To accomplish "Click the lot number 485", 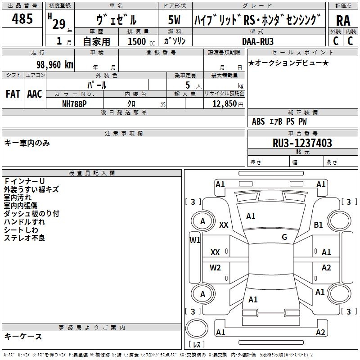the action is click(22, 18).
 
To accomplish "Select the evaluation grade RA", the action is click(343, 21).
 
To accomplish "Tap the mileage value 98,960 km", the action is click(55, 65).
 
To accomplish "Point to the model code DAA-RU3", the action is click(258, 41).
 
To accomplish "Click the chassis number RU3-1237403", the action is click(302, 143).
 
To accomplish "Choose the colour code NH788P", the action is click(74, 104).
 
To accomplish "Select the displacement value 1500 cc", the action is click(141, 41).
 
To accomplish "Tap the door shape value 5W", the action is click(174, 20).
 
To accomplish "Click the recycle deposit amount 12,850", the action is click(225, 104).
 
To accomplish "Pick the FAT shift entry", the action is click(13, 94).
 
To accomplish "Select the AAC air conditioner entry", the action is click(35, 94).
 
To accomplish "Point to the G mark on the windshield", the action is click(284, 237).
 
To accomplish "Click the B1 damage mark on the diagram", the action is click(318, 225).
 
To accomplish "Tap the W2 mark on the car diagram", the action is click(215, 267).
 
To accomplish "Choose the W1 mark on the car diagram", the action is click(195, 240).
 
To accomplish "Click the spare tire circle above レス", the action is click(197, 328).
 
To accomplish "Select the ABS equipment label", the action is click(258, 121).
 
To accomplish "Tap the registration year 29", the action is click(59, 24).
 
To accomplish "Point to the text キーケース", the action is click(23, 336).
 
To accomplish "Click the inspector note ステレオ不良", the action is click(24, 238).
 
